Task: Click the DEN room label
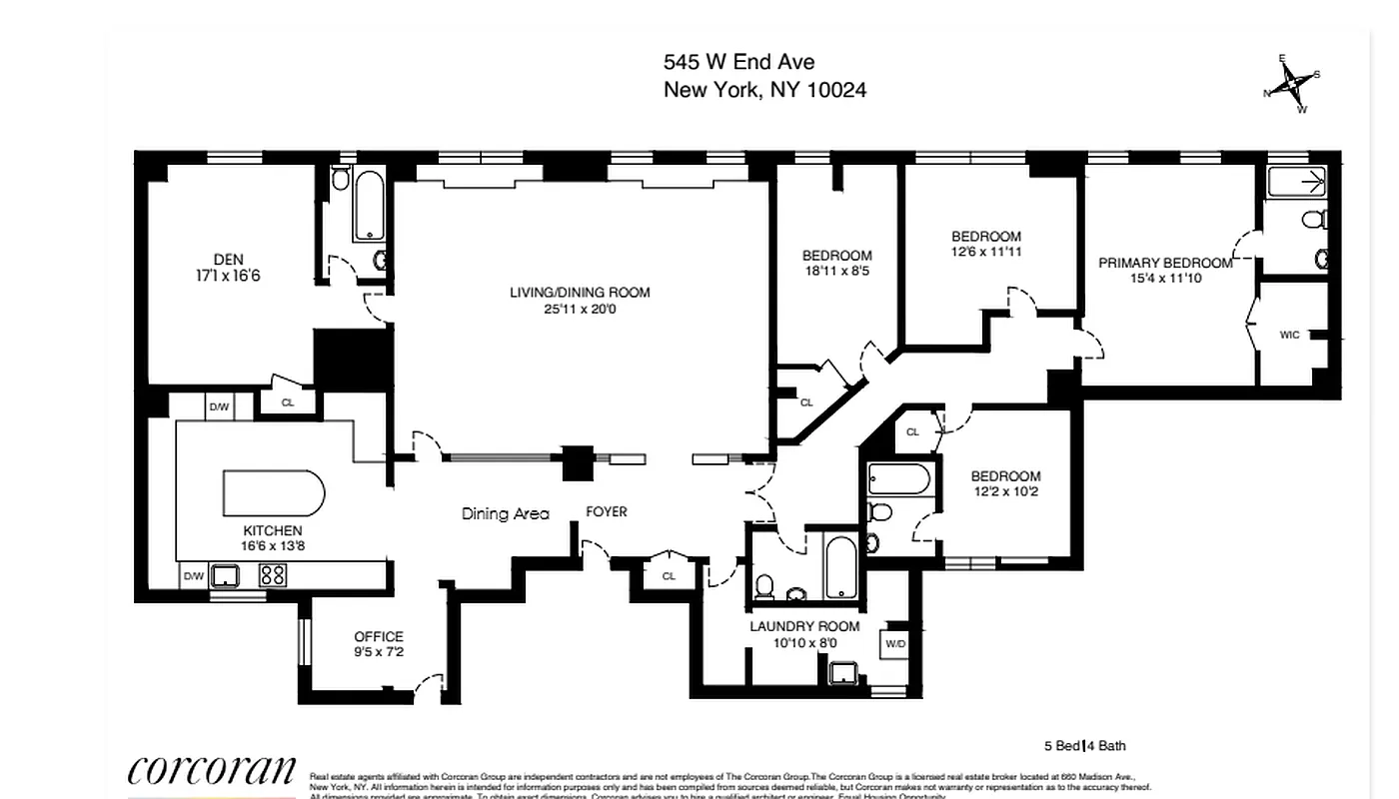coord(228,260)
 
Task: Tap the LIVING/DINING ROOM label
coord(580,293)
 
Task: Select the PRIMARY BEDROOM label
coord(1165,263)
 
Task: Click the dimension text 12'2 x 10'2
coord(1005,491)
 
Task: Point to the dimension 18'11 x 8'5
coord(836,271)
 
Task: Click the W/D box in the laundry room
coord(894,644)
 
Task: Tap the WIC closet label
coord(1289,335)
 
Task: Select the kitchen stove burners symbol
coord(273,575)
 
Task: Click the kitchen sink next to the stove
coord(224,575)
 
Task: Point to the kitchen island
coord(273,492)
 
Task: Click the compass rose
coord(1292,84)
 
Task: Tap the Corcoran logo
coord(212,771)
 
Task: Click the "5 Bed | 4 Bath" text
coord(1084,746)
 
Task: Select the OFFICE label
coord(379,636)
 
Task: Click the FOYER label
coord(607,511)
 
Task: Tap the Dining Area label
coord(505,513)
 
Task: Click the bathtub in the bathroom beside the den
coord(369,207)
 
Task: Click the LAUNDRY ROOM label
coord(804,626)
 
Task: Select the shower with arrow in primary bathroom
coord(1297,182)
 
